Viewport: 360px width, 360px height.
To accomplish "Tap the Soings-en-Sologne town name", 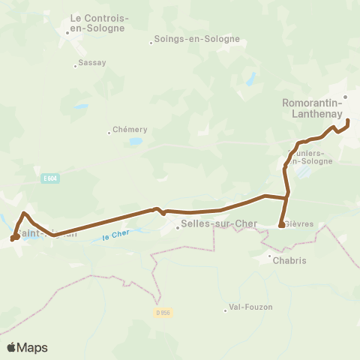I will pyautogui.click(x=196, y=39).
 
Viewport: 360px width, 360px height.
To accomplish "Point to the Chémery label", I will pyautogui.click(x=129, y=129).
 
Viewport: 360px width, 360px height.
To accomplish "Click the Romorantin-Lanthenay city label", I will pyautogui.click(x=312, y=109).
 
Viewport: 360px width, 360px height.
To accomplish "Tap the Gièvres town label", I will pyautogui.click(x=298, y=224).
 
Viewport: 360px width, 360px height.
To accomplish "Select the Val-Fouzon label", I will pyautogui.click(x=251, y=307).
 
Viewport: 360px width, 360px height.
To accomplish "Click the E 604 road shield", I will pyautogui.click(x=50, y=178).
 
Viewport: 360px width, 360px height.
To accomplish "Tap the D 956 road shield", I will pyautogui.click(x=165, y=313).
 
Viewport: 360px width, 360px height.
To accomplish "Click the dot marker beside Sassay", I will pyautogui.click(x=75, y=66).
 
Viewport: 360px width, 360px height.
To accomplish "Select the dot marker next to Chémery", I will pyautogui.click(x=109, y=132).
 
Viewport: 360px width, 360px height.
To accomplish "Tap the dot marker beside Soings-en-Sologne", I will pyautogui.click(x=151, y=42).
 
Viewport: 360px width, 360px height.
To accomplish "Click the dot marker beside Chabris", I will pyautogui.click(x=270, y=256).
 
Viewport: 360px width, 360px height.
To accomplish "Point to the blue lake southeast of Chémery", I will pyautogui.click(x=135, y=140).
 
